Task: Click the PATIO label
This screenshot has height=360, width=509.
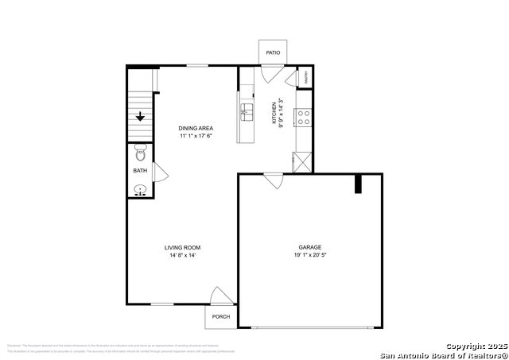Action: [273, 52]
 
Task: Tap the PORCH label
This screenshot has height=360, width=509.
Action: [220, 316]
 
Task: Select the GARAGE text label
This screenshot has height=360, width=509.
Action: [309, 247]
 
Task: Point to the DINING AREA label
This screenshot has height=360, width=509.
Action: [195, 128]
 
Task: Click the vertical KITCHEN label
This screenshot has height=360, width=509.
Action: [274, 113]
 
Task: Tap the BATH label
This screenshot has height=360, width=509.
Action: [140, 171]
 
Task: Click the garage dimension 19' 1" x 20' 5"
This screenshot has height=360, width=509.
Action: [309, 256]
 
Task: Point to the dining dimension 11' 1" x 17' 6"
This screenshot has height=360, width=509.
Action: [195, 136]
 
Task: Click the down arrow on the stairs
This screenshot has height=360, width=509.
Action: [140, 117]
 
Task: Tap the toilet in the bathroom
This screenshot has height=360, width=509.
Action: [140, 151]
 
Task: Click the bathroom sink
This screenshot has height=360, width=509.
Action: [140, 189]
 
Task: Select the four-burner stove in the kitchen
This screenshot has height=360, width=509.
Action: [303, 118]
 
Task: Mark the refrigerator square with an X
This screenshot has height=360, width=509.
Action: [303, 161]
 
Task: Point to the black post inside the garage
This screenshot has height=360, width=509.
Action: [358, 184]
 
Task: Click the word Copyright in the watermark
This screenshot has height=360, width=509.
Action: [464, 346]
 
